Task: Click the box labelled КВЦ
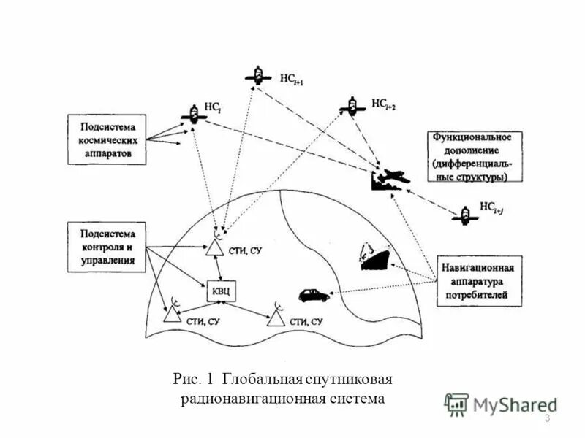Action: (x=220, y=291)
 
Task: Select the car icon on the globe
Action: (x=314, y=295)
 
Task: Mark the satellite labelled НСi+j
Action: (x=464, y=215)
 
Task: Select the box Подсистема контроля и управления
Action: (x=107, y=247)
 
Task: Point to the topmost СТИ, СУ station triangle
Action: (x=215, y=247)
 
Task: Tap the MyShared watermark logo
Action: (x=500, y=404)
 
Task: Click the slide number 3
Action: (x=548, y=418)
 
